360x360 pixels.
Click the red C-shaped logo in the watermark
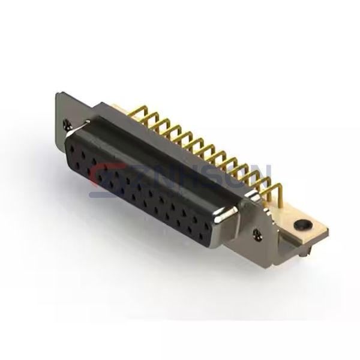pos(103,177)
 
